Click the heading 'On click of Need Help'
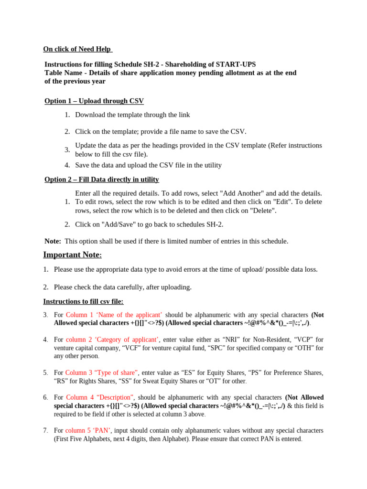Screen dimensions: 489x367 coord(77,49)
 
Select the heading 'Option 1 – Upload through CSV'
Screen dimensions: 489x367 coord(94,101)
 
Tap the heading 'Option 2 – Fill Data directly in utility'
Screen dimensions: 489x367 coord(102,179)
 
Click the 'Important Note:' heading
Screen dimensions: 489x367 coord(79,255)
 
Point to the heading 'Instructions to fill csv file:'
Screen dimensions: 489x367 coord(84,301)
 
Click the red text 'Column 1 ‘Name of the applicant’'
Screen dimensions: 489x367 coord(114,315)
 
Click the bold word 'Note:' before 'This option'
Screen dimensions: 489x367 coord(53,241)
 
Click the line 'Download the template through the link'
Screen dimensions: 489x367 coord(132,115)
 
